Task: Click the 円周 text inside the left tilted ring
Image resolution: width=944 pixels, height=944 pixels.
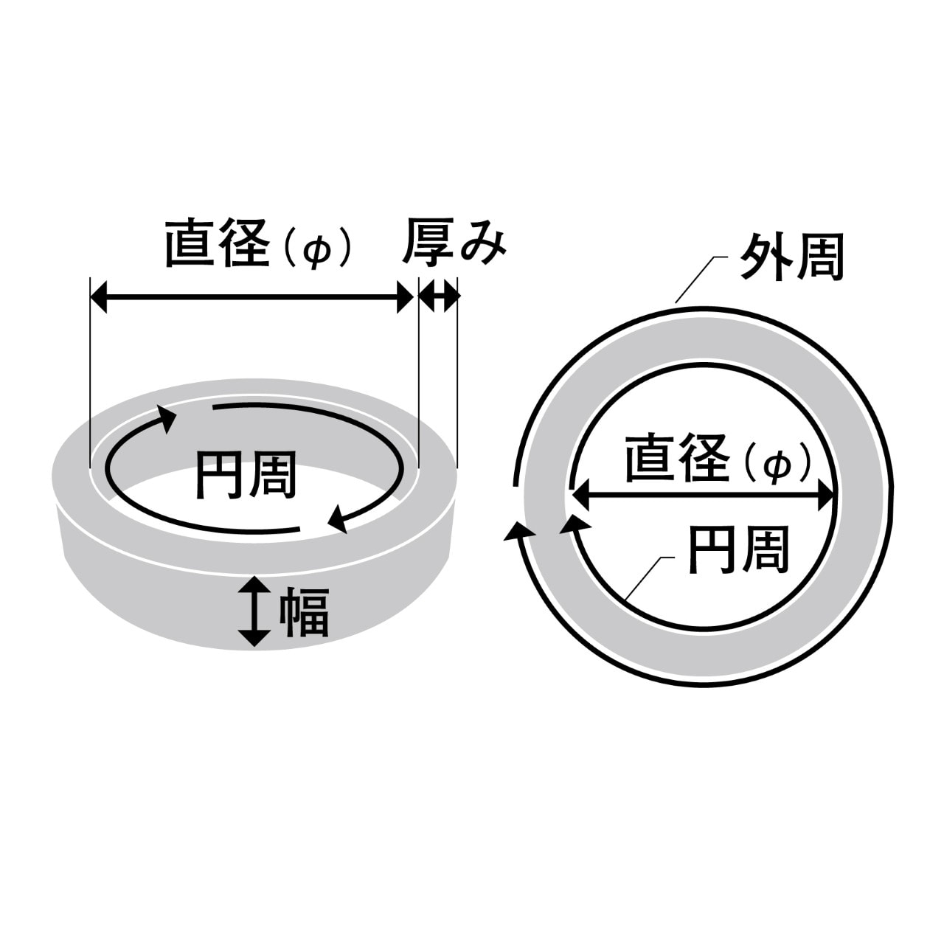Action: [x=247, y=475]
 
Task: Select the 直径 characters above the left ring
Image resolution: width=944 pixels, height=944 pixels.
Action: [x=218, y=243]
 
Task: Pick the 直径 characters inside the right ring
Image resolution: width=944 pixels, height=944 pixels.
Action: [x=677, y=457]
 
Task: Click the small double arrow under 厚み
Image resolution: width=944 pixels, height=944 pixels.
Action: [x=439, y=297]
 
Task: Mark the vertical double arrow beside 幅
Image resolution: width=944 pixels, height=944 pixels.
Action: [x=254, y=611]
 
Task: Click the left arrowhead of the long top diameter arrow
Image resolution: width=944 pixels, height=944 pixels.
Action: [x=99, y=297]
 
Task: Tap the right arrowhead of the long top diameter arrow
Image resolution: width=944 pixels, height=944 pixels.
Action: [x=405, y=297]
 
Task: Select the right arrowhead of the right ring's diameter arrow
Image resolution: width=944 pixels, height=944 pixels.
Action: [x=825, y=496]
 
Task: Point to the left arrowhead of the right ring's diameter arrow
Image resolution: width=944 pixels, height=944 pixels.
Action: [x=580, y=496]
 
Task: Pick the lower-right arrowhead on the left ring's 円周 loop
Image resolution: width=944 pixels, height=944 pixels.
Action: [x=338, y=520]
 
